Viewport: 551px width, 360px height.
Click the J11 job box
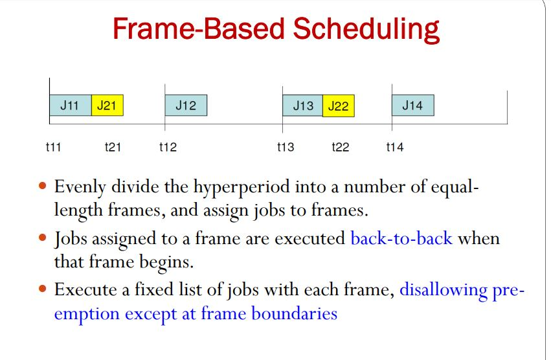click(x=70, y=106)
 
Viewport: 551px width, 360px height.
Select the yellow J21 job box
click(x=107, y=106)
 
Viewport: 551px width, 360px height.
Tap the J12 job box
click(x=186, y=106)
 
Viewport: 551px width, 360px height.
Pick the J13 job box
click(x=302, y=106)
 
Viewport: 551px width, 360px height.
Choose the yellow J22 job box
click(x=338, y=106)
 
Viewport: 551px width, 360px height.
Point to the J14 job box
click(x=412, y=105)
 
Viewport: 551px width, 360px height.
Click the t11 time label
click(x=53, y=147)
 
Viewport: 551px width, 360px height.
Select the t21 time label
click(x=113, y=147)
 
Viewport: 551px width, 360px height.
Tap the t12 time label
click(x=168, y=147)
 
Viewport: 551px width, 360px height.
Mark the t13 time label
click(x=285, y=147)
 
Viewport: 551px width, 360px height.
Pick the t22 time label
click(x=340, y=147)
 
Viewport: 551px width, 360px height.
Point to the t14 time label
click(x=394, y=147)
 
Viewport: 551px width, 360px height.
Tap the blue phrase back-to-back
click(x=401, y=238)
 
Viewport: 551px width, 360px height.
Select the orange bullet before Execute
click(x=43, y=289)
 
